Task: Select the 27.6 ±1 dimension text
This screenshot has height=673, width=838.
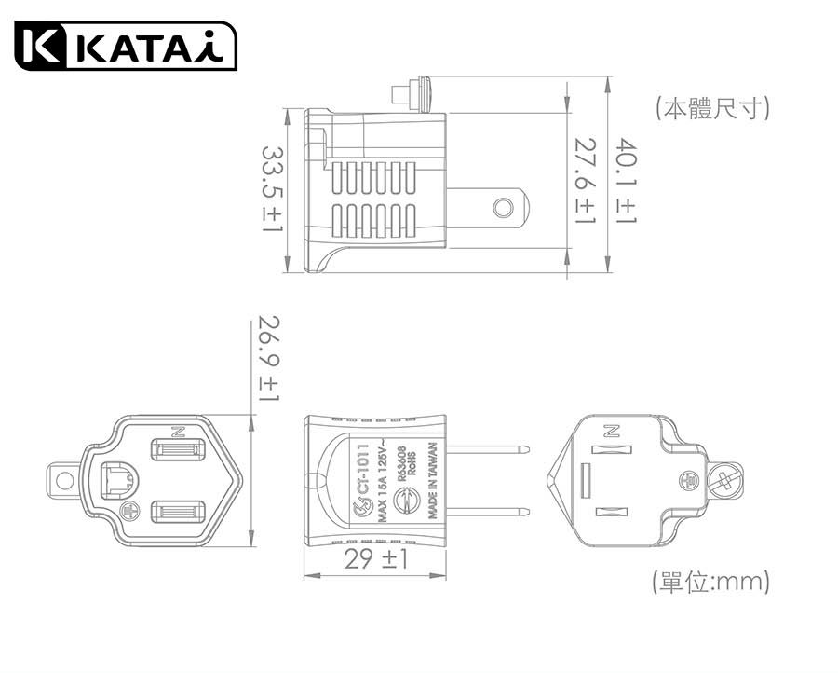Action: pyautogui.click(x=585, y=182)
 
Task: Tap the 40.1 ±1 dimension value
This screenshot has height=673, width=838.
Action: pyautogui.click(x=624, y=182)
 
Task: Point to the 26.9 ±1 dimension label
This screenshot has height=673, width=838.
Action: pyautogui.click(x=267, y=360)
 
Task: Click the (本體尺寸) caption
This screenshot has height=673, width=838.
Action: pyautogui.click(x=712, y=108)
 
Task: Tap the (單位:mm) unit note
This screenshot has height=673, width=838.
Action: pyautogui.click(x=711, y=583)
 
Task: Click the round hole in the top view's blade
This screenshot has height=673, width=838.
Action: pyautogui.click(x=504, y=206)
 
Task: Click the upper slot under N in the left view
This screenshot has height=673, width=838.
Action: pyautogui.click(x=177, y=453)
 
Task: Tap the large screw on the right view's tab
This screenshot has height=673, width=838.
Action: pyautogui.click(x=726, y=480)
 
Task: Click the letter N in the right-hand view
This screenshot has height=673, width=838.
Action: pyautogui.click(x=611, y=431)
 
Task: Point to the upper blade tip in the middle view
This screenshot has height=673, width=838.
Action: pyautogui.click(x=527, y=450)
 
